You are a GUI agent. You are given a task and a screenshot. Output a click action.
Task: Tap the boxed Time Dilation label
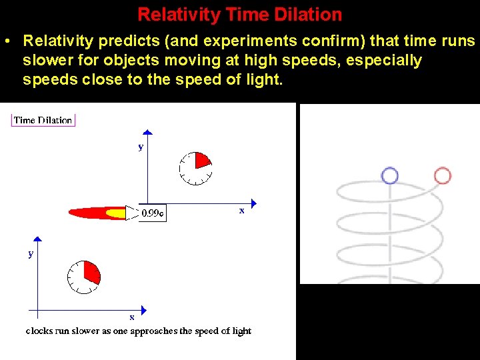43,120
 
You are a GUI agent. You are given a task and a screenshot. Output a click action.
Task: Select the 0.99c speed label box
153,214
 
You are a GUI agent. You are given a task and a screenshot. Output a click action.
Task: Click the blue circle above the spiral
389,175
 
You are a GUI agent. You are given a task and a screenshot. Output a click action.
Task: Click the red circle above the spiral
442,175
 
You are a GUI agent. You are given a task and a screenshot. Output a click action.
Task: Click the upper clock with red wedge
196,168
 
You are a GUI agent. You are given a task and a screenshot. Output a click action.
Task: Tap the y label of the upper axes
141,147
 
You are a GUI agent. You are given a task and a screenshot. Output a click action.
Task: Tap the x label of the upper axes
241,211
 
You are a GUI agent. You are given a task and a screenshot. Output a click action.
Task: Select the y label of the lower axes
31,254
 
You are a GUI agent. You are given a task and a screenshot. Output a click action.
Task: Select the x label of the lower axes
131,317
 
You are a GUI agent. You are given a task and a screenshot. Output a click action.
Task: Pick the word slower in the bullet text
48,61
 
